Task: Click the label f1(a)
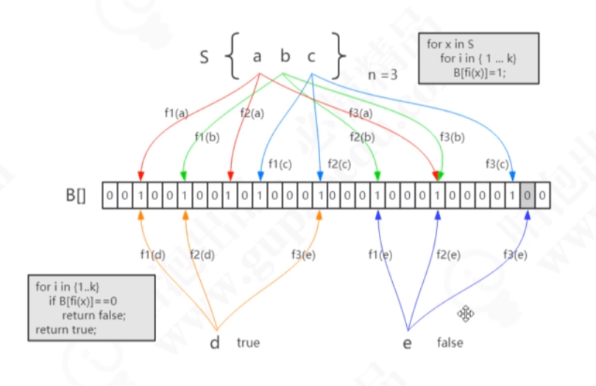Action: pyautogui.click(x=176, y=113)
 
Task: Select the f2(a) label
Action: pyautogui.click(x=252, y=113)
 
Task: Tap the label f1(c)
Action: pyautogui.click(x=280, y=163)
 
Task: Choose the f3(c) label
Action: pyautogui.click(x=498, y=163)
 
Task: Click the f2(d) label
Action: pyautogui.click(x=202, y=254)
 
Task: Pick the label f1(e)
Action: pyautogui.click(x=380, y=254)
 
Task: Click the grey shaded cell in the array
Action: pyautogui.click(x=528, y=196)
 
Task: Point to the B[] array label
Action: pyautogui.click(x=76, y=197)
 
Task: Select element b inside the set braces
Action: pyautogui.click(x=285, y=57)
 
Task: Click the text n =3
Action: pyautogui.click(x=383, y=74)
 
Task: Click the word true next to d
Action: pyautogui.click(x=248, y=343)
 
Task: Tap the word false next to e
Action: pyautogui.click(x=450, y=343)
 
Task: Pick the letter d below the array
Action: pyautogui.click(x=216, y=343)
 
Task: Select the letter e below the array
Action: pyautogui.click(x=407, y=343)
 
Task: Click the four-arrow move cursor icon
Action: pyautogui.click(x=466, y=314)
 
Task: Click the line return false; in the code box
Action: pyautogui.click(x=94, y=315)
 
